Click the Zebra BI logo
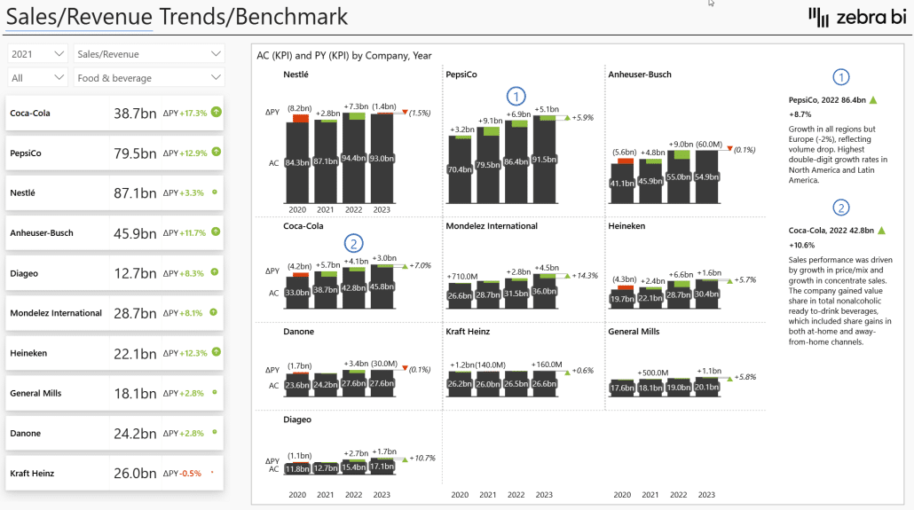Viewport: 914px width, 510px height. coord(857,17)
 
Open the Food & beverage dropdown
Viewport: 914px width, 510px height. coord(149,78)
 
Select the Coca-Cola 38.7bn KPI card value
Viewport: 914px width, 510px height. coord(135,114)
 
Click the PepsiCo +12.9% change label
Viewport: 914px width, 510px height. coord(193,153)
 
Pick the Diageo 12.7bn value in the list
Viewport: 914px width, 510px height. coord(135,273)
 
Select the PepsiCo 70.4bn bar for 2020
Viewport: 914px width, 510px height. coord(460,169)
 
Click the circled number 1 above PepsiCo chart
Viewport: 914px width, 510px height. coord(516,96)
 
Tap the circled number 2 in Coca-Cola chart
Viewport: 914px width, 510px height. coord(354,242)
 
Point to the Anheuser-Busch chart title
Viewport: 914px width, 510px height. coord(640,75)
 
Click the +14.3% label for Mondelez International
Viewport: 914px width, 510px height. coord(586,275)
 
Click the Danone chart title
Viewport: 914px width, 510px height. coord(298,332)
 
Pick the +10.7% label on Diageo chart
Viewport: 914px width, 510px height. coord(422,458)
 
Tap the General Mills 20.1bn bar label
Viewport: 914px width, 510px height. coord(707,387)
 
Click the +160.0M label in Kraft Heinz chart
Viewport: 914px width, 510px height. coord(546,365)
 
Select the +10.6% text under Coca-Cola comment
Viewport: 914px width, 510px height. coord(802,245)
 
